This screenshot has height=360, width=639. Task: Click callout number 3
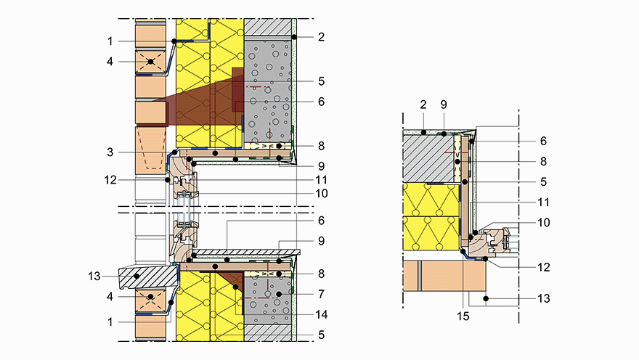[x=110, y=152]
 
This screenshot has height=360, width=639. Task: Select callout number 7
[x=321, y=294]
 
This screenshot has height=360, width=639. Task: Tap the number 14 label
[x=322, y=314]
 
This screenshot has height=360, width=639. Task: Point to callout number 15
[x=463, y=316]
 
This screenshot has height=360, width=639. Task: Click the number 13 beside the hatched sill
[x=94, y=276]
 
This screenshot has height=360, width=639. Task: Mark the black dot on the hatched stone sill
[x=137, y=276]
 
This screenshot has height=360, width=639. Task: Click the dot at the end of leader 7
[x=279, y=294]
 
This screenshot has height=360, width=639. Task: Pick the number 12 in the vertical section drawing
[x=110, y=179]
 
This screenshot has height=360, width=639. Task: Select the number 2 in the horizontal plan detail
[x=423, y=105]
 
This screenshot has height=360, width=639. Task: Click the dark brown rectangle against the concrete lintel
[x=237, y=90]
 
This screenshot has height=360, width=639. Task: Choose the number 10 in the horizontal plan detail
[x=544, y=222]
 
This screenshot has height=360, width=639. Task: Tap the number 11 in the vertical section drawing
[x=322, y=179]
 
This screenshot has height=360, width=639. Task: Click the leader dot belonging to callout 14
[x=235, y=287]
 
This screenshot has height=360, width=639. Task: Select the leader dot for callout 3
[x=174, y=152]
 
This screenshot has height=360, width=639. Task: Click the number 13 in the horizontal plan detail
[x=544, y=298]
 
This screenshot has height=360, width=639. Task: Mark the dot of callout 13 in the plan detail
[x=486, y=298]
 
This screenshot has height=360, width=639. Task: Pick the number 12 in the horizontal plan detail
[x=544, y=267]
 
